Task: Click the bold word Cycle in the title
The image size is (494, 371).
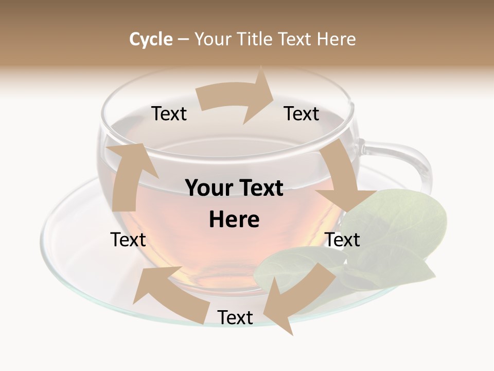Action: click(151, 39)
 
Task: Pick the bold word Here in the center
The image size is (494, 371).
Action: click(234, 220)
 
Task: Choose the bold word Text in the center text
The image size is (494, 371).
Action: click(260, 189)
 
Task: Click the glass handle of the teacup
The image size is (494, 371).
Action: click(407, 160)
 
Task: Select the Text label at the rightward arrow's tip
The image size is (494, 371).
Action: click(302, 114)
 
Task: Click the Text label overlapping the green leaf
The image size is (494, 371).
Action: click(343, 240)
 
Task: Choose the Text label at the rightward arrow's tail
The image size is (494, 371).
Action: click(169, 114)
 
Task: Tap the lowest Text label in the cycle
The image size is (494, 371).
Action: click(235, 318)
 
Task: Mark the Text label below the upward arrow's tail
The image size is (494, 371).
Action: click(128, 240)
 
